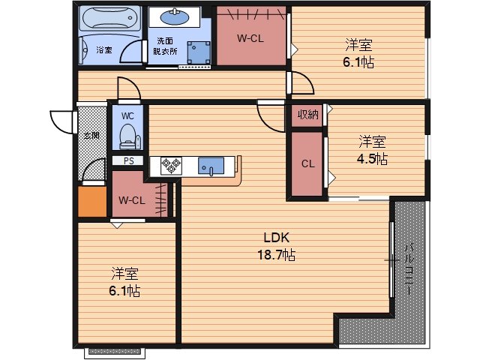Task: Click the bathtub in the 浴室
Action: pos(110,19)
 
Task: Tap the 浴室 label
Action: pos(104,50)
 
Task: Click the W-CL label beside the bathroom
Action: pos(250,38)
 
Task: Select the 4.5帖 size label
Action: pos(371,158)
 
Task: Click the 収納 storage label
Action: pos(307,115)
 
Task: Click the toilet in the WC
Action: pos(127,136)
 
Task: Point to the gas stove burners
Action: pos(169,165)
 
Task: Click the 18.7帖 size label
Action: pos(275,256)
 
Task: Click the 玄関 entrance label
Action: pos(91,136)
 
